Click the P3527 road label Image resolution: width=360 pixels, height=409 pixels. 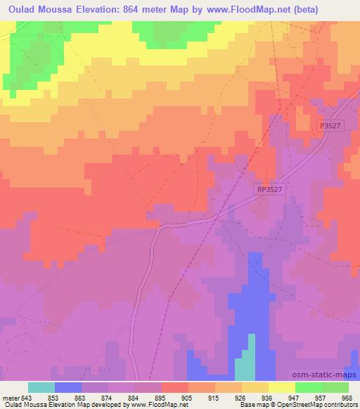click(x=328, y=124)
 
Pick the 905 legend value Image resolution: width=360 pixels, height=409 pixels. click(x=186, y=397)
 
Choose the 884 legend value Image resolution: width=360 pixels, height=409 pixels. click(x=133, y=397)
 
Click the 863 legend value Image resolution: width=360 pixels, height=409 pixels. click(x=79, y=397)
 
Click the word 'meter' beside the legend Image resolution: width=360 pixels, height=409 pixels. click(x=9, y=397)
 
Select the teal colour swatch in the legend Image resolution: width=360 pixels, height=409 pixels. click(x=41, y=387)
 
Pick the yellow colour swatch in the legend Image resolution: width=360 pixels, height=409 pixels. click(x=282, y=387)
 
